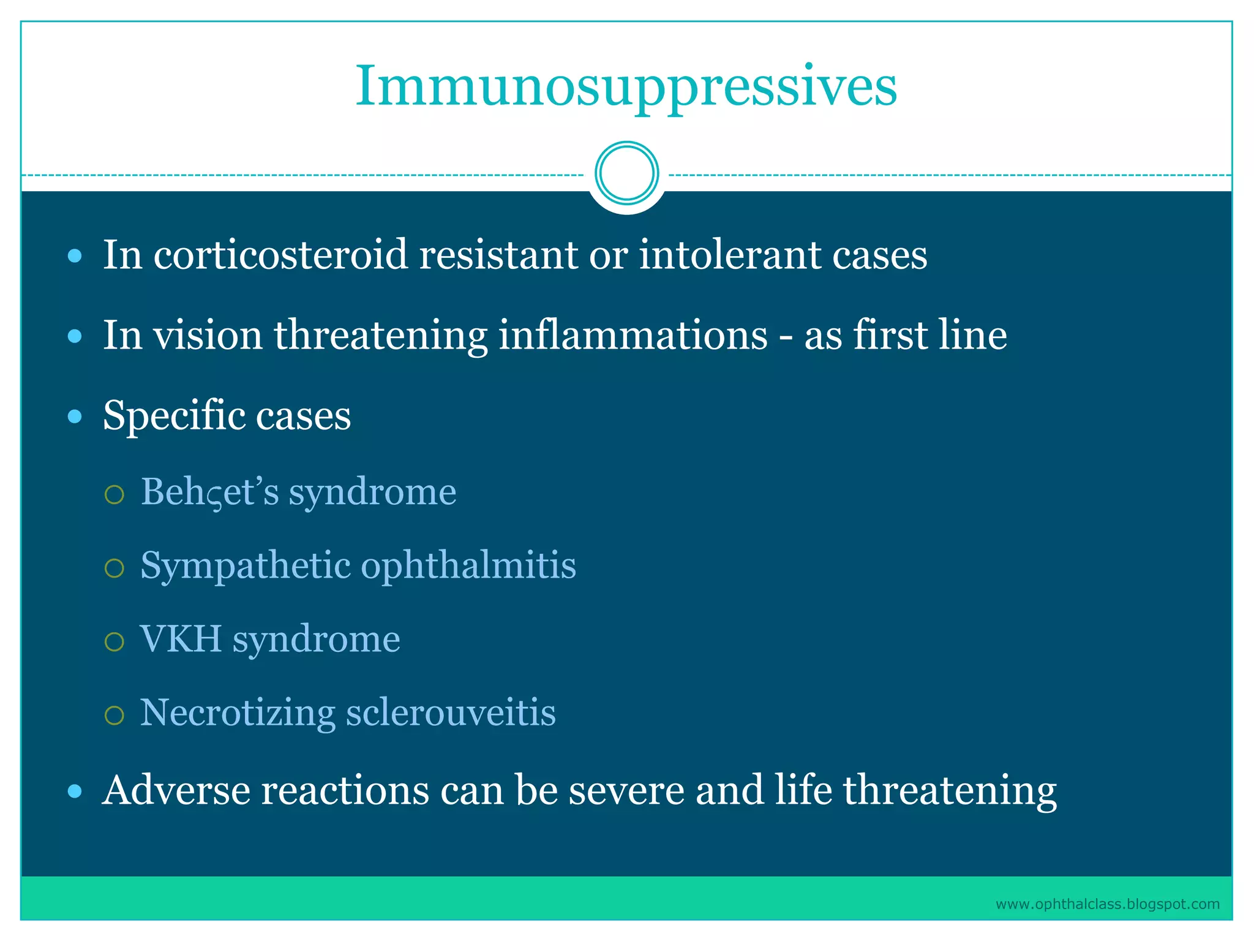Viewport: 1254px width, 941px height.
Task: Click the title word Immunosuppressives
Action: [x=626, y=87]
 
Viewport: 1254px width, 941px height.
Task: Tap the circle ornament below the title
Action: [x=626, y=173]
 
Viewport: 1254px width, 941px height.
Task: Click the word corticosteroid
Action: [x=280, y=255]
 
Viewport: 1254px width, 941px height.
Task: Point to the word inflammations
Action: [x=633, y=336]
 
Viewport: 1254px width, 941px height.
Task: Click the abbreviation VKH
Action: [x=181, y=640]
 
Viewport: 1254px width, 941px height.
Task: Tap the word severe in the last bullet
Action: [x=626, y=790]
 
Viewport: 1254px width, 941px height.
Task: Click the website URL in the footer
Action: [x=1107, y=904]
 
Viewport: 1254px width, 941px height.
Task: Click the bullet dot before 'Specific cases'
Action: [x=75, y=417]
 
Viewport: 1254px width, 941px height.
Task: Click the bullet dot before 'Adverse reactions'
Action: [x=75, y=792]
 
